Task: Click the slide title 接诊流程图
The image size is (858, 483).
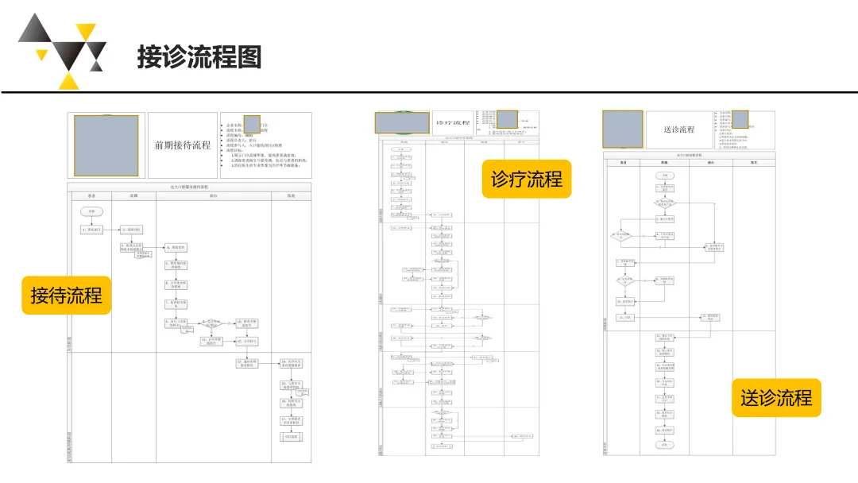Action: pos(199,57)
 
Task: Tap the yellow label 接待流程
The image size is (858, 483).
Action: pos(66,295)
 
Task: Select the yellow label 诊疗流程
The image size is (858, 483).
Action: pos(526,179)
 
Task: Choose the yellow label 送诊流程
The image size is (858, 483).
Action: pos(776,397)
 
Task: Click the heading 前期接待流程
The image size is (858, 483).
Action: pos(183,145)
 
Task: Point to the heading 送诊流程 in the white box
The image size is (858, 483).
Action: pos(678,129)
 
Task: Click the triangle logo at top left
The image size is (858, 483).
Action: pos(62,50)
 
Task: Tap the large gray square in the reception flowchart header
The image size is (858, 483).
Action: pos(106,145)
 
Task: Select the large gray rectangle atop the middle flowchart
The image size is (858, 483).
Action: pos(402,122)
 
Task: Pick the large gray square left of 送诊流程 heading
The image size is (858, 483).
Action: pos(622,128)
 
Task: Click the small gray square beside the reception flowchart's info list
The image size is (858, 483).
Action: pos(252,124)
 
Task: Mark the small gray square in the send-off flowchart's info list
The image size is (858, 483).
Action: pos(740,119)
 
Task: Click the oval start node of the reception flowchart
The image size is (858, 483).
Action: pos(91,211)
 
